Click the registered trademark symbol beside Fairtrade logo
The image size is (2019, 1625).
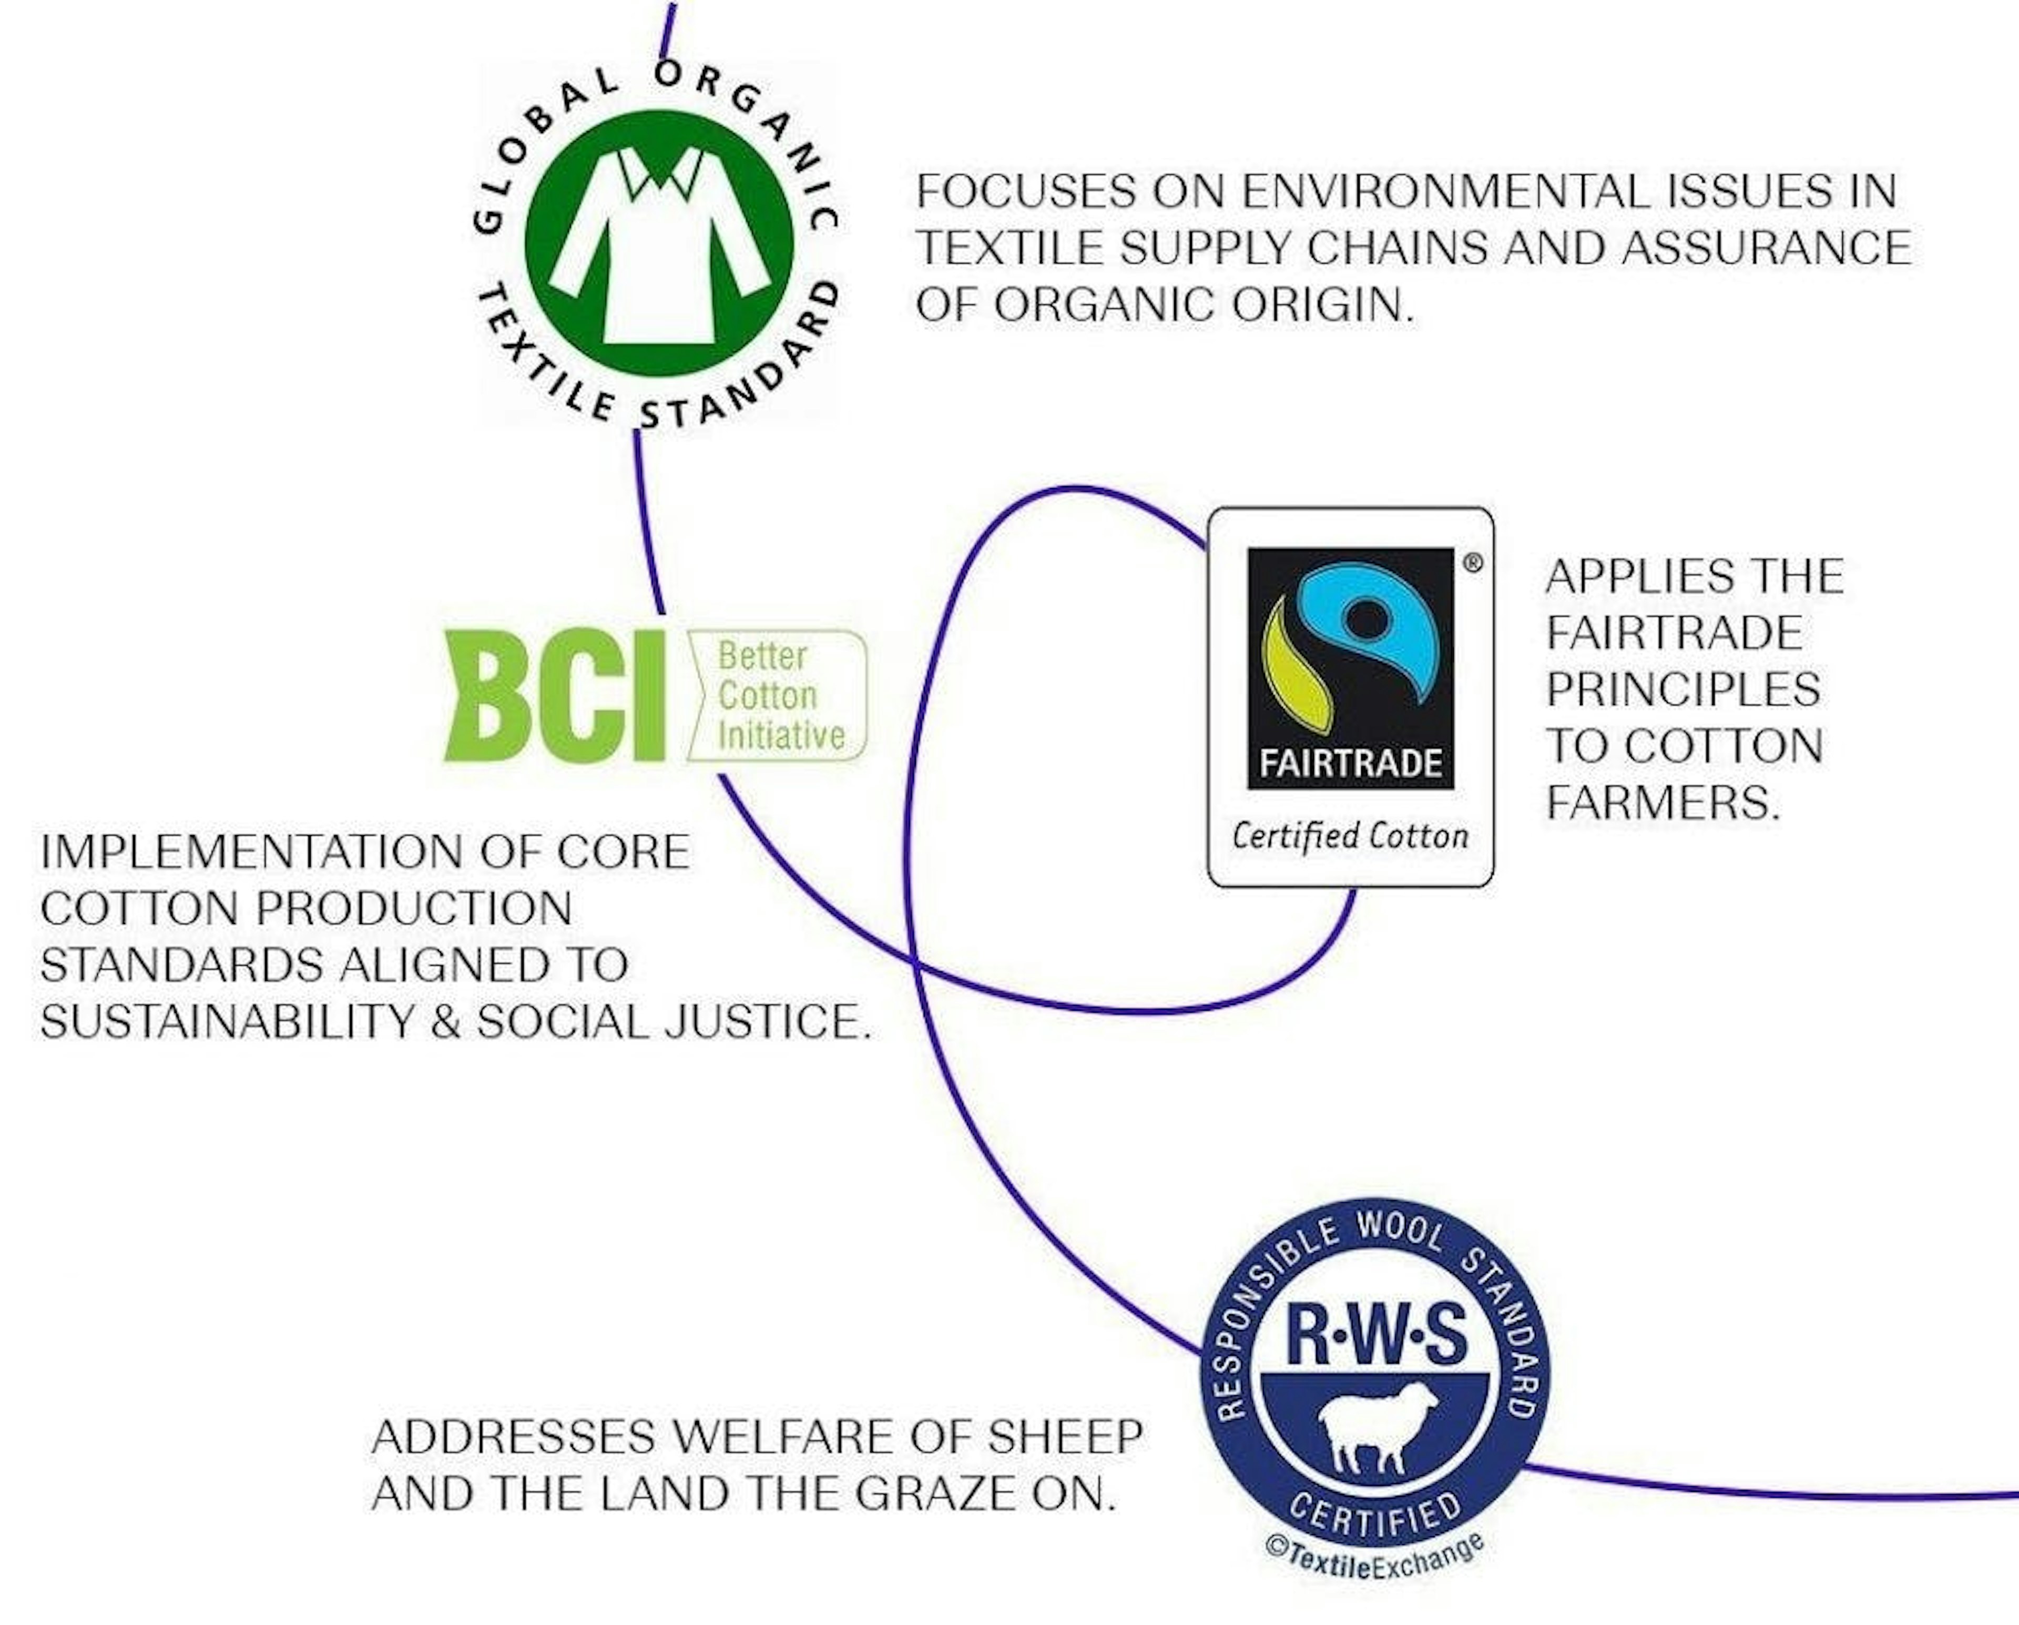(x=1473, y=563)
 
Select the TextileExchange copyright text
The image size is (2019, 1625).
(x=1375, y=1563)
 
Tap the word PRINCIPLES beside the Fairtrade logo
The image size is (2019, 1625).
(x=1683, y=690)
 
